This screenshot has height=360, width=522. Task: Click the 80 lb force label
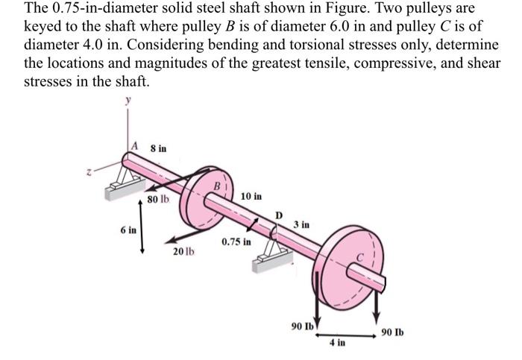click(x=158, y=200)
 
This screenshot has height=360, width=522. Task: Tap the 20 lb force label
click(x=183, y=251)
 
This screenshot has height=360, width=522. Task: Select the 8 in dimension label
click(x=158, y=148)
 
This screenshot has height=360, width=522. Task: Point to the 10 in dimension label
click(x=251, y=197)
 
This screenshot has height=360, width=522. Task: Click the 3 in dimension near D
click(x=302, y=224)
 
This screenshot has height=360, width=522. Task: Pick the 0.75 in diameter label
click(x=236, y=242)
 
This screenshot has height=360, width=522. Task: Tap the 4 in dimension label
click(x=337, y=343)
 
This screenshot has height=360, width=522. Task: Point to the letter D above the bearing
click(x=279, y=216)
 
